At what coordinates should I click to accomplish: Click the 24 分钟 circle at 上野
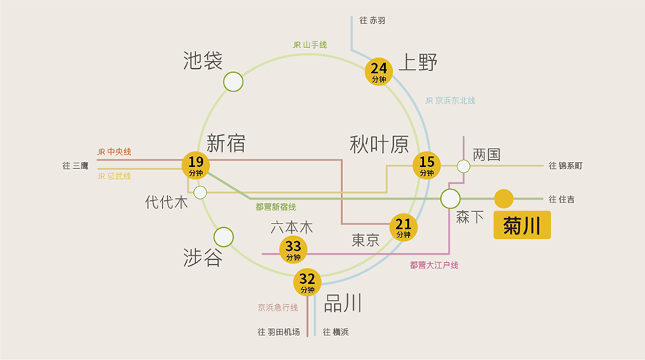click(x=378, y=72)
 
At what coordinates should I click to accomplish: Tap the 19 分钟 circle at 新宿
click(x=196, y=165)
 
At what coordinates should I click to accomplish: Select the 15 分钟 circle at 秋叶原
click(x=426, y=165)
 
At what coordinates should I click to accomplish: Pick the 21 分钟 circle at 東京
click(x=403, y=227)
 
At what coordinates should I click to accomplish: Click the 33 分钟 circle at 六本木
click(x=293, y=250)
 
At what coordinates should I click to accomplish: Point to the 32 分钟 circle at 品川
click(x=307, y=282)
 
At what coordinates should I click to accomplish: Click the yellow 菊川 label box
click(x=522, y=225)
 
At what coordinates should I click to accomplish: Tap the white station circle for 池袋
click(x=233, y=82)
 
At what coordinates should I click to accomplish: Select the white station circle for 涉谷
click(x=224, y=237)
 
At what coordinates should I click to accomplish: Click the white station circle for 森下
click(x=450, y=199)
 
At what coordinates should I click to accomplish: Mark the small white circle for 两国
click(x=463, y=166)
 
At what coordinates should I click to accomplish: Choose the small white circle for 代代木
click(x=200, y=192)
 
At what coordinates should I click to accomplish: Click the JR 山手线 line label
click(x=309, y=45)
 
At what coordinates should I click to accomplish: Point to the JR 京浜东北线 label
click(x=450, y=101)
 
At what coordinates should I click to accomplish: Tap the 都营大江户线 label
click(x=434, y=265)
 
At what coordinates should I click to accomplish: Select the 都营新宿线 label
click(x=275, y=207)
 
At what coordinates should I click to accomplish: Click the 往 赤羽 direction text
click(x=373, y=20)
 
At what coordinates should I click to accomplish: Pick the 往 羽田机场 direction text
click(x=278, y=332)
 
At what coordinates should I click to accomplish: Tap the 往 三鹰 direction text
click(x=76, y=165)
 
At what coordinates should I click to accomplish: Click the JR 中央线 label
click(x=114, y=152)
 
